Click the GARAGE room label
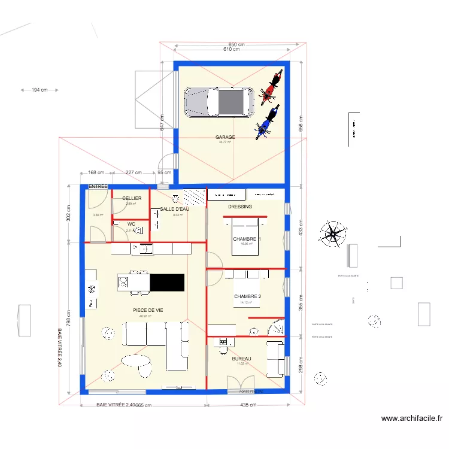(225, 137)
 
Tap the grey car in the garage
(218, 102)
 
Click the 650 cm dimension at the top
(237, 44)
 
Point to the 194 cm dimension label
(40, 90)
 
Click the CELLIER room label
(132, 198)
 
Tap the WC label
(131, 224)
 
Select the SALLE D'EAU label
(175, 209)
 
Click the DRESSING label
(240, 207)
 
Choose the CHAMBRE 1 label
(247, 239)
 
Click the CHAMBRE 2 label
(247, 296)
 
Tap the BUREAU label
(241, 359)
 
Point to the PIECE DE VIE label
(148, 310)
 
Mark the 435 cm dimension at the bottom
(248, 405)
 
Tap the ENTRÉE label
(98, 187)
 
